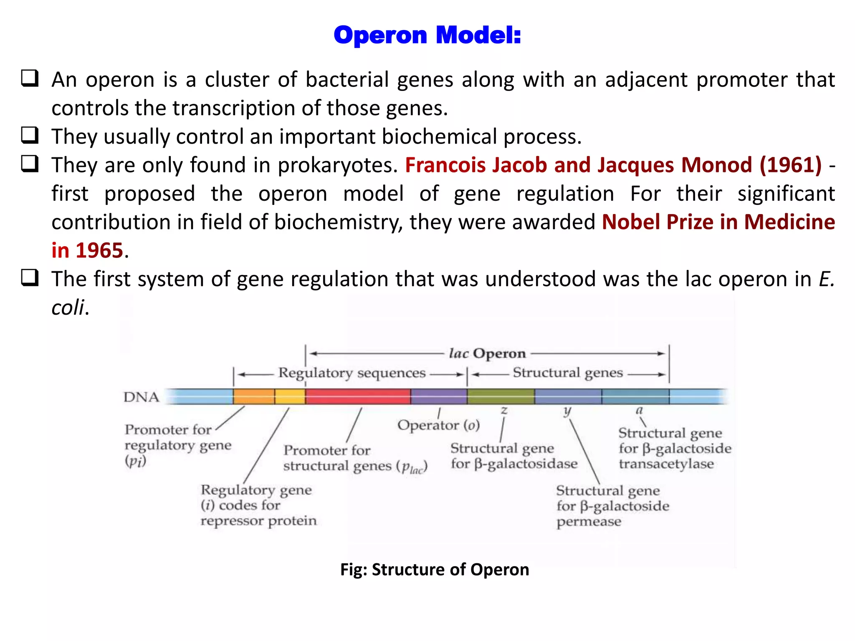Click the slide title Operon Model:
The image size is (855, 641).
(427, 35)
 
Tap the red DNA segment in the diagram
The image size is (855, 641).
(357, 396)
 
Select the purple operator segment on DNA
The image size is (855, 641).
(438, 396)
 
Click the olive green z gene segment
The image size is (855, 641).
(501, 396)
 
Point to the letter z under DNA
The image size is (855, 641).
(504, 411)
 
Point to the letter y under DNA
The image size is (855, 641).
(567, 411)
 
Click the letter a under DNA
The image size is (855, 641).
(639, 410)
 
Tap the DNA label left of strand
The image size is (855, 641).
(141, 397)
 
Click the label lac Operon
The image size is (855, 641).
(487, 353)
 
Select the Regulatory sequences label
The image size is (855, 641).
(352, 373)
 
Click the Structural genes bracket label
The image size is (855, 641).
(567, 372)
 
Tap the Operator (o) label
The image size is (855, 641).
(438, 425)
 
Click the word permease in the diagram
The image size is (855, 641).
(589, 522)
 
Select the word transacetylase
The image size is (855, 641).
(666, 464)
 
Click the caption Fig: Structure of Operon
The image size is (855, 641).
(434, 570)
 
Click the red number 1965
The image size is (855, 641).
(99, 250)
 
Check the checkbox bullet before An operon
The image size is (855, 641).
(30, 78)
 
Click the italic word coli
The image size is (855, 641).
(68, 308)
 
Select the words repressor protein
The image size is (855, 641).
(258, 521)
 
